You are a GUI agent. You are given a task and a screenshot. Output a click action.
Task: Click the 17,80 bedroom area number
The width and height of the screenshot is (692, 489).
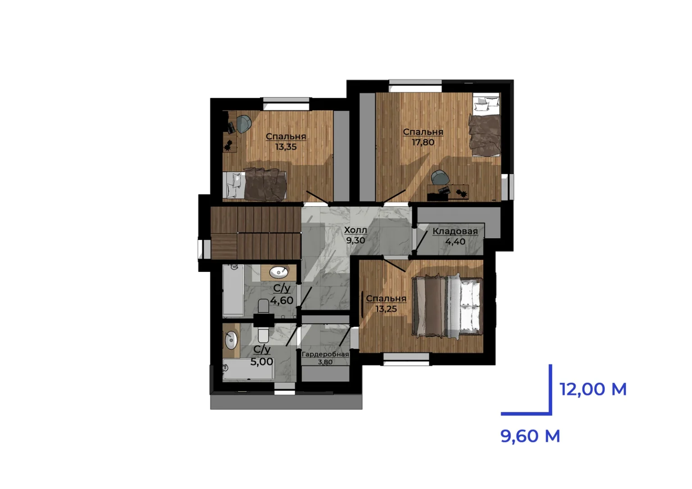(x=423, y=142)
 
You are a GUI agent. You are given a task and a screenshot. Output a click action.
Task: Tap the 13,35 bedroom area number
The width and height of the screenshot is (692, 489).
(x=286, y=147)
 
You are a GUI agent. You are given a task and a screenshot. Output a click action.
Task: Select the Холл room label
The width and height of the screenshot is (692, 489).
(x=355, y=230)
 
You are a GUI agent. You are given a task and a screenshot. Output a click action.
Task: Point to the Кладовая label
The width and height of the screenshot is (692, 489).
(x=455, y=231)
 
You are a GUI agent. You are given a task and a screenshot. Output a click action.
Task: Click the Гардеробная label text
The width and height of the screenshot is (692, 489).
(x=325, y=354)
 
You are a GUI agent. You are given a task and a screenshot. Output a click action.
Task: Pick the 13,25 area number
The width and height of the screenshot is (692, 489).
(x=386, y=309)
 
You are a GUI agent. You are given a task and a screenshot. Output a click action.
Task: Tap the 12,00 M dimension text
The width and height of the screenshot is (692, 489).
(x=593, y=389)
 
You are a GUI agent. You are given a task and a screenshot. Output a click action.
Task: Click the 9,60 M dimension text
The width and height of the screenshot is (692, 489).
(x=530, y=436)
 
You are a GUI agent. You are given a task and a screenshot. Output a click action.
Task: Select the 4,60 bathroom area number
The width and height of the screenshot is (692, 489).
(x=282, y=300)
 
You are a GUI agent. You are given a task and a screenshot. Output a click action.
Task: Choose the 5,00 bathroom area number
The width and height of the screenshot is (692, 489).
(x=262, y=362)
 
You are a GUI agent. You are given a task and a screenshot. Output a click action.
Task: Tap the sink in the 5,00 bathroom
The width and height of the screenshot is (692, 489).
(x=231, y=340)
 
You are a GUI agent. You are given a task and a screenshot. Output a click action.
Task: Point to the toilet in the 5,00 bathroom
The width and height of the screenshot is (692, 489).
(x=263, y=335)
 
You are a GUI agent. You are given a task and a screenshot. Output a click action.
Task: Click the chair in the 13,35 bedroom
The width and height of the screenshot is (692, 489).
(x=244, y=124)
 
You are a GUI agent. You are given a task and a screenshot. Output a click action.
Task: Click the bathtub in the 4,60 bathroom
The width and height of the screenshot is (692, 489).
(x=233, y=290)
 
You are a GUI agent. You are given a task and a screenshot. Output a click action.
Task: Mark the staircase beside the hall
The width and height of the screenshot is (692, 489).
(x=256, y=233)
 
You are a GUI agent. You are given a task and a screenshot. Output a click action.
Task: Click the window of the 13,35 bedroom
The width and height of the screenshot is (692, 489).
(x=286, y=104)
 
